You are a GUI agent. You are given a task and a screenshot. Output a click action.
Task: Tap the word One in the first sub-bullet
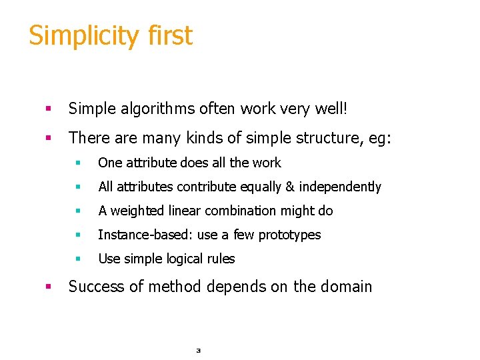tap(110, 163)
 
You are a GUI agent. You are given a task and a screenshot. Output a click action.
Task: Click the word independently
tap(340, 187)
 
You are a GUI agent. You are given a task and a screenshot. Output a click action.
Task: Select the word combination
tap(253, 211)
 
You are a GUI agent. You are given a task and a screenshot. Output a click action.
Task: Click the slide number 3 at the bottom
tap(198, 350)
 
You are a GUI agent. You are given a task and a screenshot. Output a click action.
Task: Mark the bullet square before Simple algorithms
tap(48, 109)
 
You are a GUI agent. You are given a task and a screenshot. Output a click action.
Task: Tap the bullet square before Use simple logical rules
tap(78, 259)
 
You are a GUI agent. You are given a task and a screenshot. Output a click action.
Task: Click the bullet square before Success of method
tap(48, 287)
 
